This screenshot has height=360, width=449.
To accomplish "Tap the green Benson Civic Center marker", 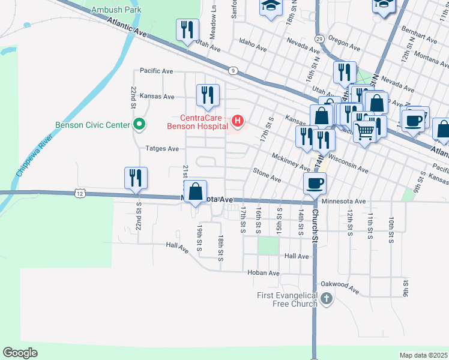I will pyautogui.click(x=139, y=125).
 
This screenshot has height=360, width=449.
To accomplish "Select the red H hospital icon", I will pyautogui.click(x=238, y=122).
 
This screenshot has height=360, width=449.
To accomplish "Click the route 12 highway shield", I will pyautogui.click(x=79, y=193).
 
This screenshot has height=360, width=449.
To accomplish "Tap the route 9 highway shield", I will pyautogui.click(x=232, y=70).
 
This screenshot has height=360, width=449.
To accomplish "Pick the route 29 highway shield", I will pyautogui.click(x=319, y=38).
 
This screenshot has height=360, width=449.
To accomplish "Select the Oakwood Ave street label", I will pyautogui.click(x=340, y=287).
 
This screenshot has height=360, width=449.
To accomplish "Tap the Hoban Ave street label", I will pyautogui.click(x=264, y=273).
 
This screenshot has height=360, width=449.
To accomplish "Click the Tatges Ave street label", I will pyautogui.click(x=162, y=148).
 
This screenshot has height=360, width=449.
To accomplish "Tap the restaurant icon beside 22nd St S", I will pyautogui.click(x=136, y=178).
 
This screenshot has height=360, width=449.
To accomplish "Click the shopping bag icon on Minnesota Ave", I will pyautogui.click(x=196, y=192).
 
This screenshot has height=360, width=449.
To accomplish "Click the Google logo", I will pyautogui.click(x=20, y=353).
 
